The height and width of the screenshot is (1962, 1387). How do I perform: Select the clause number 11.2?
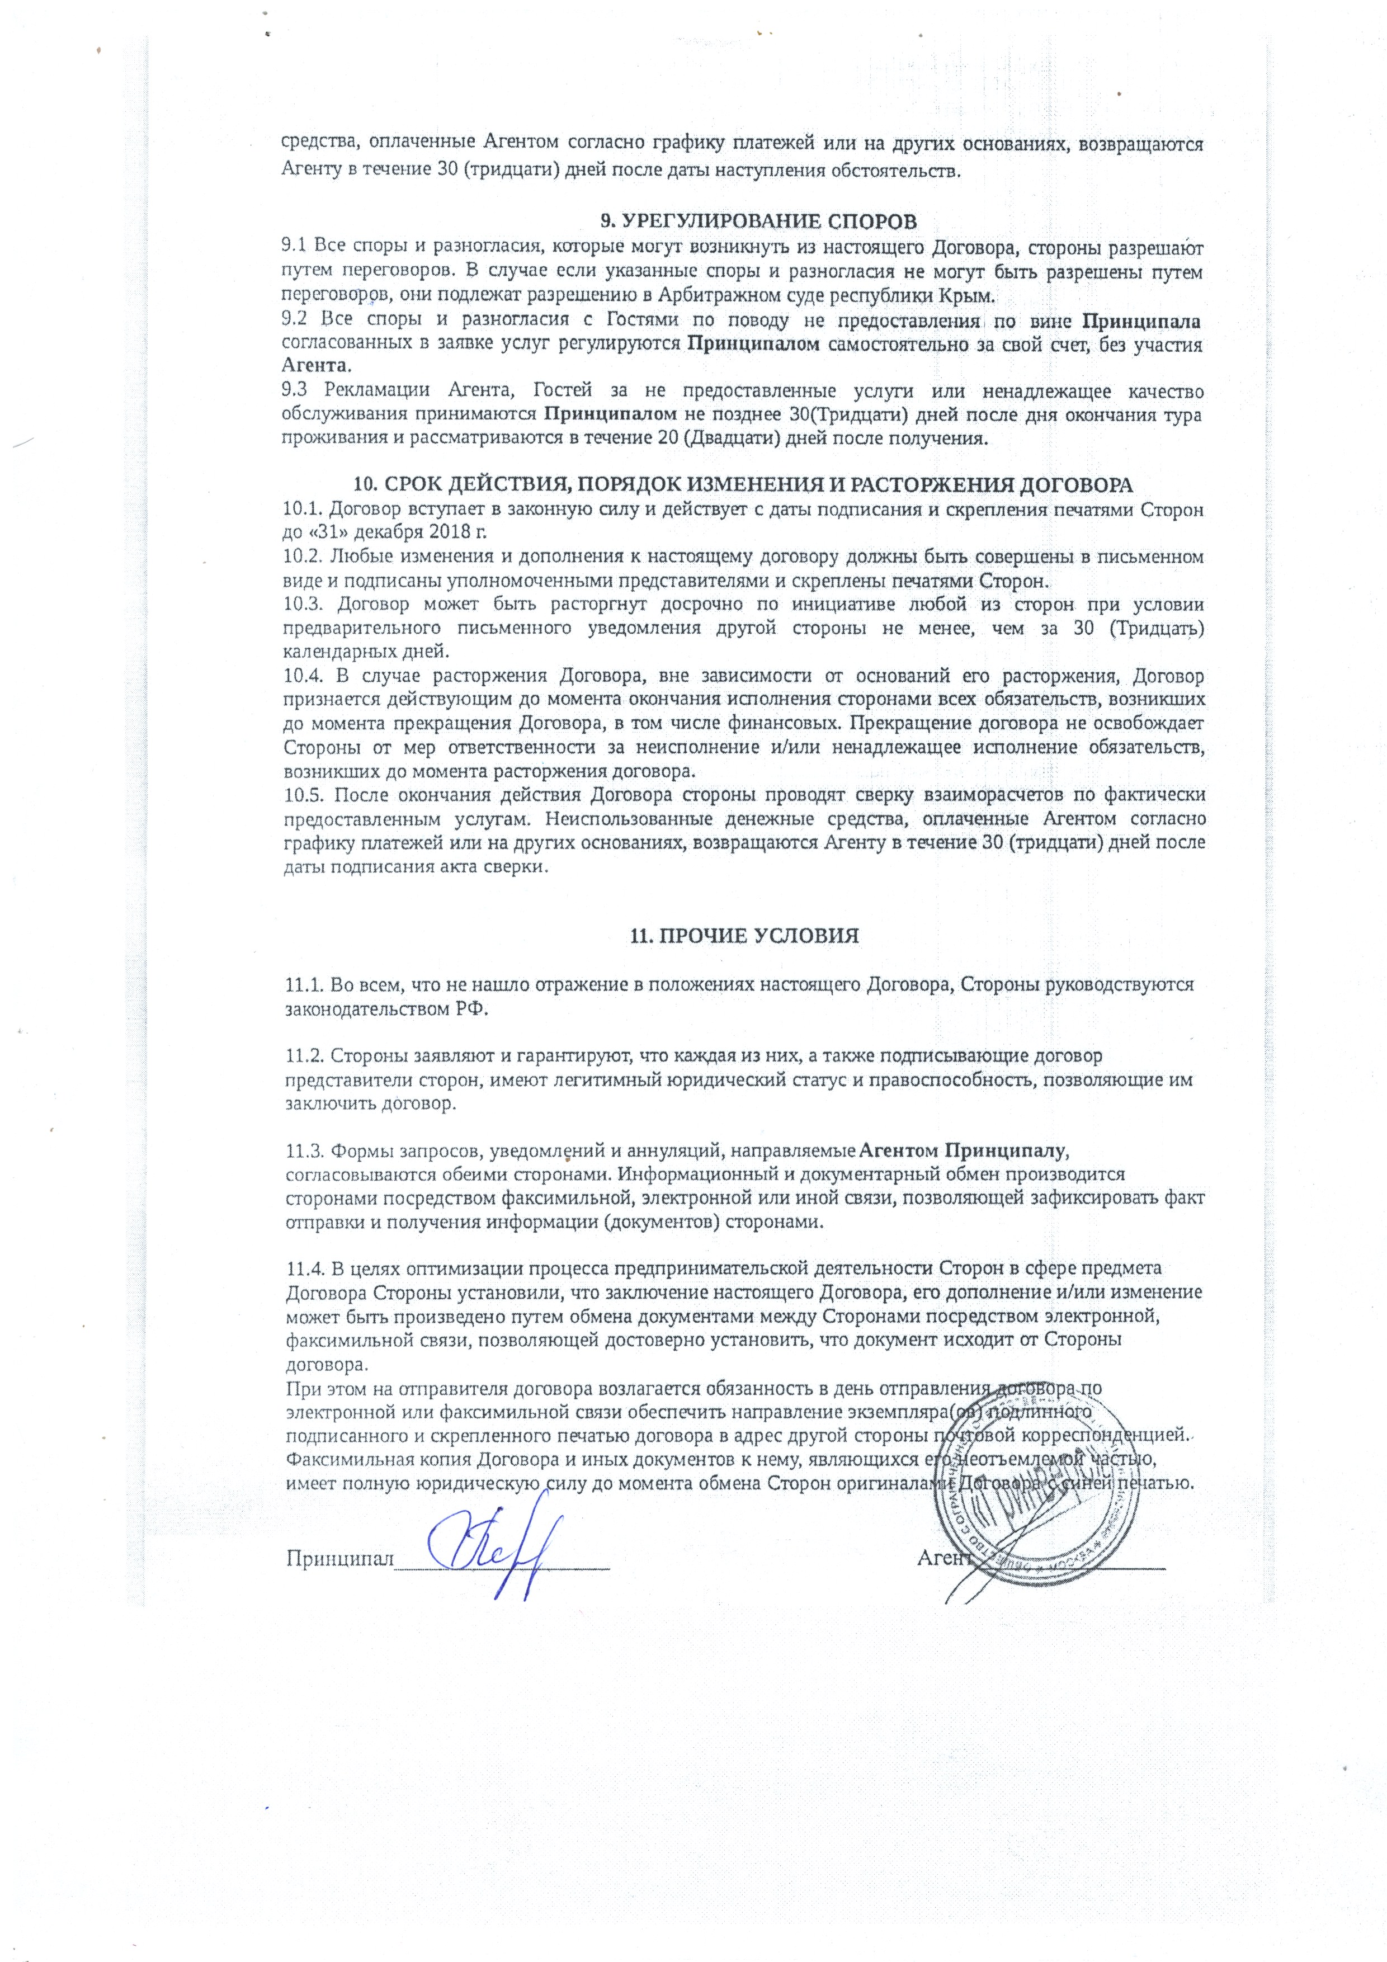303,1054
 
